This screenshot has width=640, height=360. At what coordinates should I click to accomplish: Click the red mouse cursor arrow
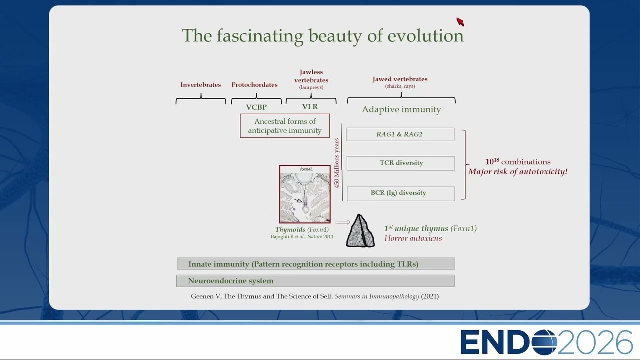(460, 22)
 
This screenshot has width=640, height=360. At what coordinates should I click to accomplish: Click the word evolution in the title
(425, 36)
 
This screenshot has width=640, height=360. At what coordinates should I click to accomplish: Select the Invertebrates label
(200, 85)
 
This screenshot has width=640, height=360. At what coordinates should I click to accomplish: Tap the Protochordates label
(254, 85)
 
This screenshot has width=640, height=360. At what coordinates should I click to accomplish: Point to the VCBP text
(256, 107)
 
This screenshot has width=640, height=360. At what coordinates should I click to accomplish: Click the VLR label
(310, 107)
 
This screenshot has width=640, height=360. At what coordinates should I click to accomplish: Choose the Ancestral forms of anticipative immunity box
(285, 126)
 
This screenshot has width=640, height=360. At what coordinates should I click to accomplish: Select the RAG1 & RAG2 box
(400, 134)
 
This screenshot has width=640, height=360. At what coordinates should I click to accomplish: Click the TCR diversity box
(401, 163)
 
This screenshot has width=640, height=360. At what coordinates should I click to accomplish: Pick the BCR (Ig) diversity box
(401, 194)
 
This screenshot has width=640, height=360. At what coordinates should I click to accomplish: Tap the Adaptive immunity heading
(401, 109)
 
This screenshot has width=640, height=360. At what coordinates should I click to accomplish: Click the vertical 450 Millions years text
(337, 163)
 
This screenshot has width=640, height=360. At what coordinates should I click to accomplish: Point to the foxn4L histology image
(305, 194)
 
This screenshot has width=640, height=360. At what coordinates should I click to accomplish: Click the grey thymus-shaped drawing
(360, 231)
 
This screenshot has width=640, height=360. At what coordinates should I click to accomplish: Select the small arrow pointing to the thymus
(343, 222)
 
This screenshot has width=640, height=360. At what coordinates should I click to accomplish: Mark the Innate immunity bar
(316, 264)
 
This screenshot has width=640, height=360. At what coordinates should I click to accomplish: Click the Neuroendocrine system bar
(315, 281)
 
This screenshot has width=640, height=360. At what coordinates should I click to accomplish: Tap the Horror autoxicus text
(413, 238)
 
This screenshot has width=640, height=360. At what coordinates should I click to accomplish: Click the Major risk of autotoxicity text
(518, 172)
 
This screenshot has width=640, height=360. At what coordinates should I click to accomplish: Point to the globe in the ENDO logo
(544, 342)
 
